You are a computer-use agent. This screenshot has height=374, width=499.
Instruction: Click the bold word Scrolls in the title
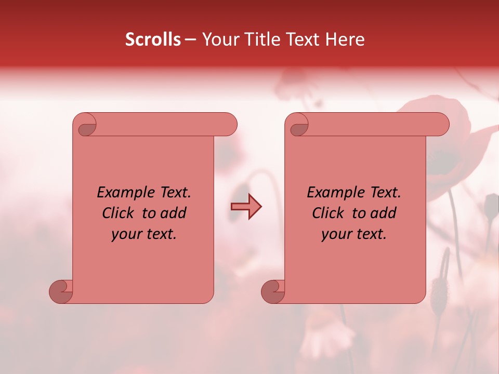(x=153, y=39)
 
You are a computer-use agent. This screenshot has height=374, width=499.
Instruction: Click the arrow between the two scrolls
(x=246, y=207)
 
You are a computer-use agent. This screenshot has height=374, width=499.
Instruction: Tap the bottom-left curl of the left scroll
(x=62, y=291)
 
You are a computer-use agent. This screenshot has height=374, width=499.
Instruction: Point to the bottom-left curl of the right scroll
(x=274, y=291)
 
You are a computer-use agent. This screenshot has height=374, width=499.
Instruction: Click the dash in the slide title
(x=190, y=40)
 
